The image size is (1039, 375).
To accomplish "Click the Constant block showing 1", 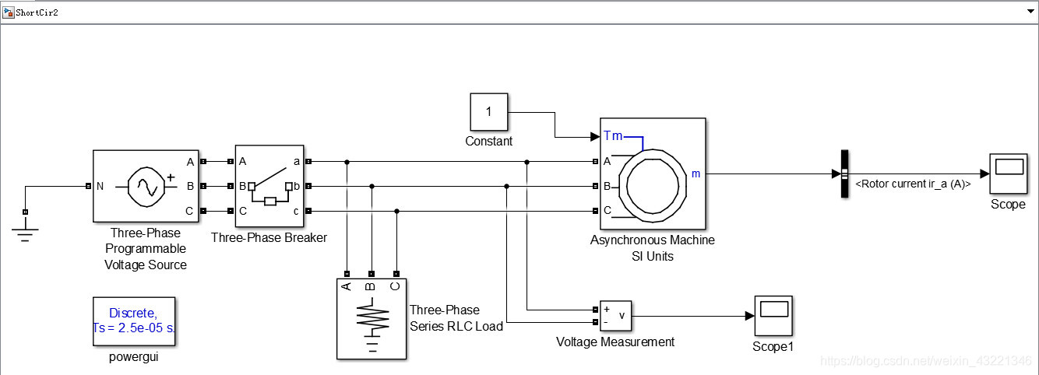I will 488,112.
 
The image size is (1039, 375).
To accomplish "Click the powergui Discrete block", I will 133,320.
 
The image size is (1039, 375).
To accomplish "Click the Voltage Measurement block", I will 615,314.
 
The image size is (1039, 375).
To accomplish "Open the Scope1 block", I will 773,314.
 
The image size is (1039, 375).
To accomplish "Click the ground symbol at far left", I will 25,230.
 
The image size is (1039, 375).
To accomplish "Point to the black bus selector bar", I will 844,173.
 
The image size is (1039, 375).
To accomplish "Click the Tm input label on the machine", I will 613,136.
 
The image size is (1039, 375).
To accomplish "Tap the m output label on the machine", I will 696,173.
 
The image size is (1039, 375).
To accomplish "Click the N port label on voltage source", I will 100,186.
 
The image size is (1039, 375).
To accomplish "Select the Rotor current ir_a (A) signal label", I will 912,184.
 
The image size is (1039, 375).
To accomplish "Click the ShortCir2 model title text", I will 37,13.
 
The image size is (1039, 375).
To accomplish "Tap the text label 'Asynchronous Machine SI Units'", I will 652,248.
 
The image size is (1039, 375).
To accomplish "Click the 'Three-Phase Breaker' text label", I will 269,237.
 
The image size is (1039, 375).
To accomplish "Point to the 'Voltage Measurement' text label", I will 615,342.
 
